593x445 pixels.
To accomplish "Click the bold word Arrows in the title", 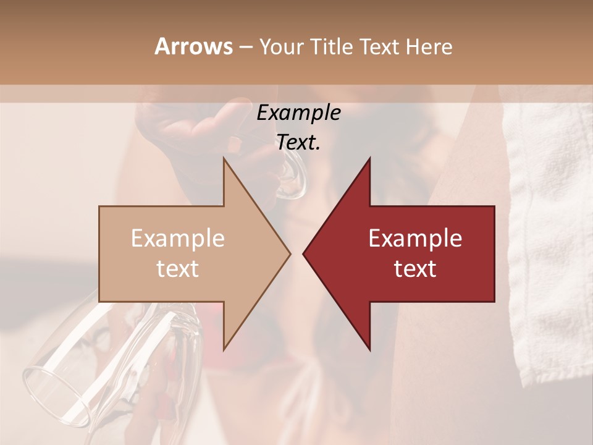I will [193, 46].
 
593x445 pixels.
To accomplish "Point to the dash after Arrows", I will [246, 48].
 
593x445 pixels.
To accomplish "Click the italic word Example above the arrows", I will [298, 113].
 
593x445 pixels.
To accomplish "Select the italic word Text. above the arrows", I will [298, 142].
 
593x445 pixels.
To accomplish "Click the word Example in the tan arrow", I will [178, 239].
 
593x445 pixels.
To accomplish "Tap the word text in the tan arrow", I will [178, 269].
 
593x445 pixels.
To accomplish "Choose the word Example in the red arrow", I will [415, 239].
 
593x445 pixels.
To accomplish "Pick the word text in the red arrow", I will [415, 269].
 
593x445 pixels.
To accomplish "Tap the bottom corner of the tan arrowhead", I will [224, 349].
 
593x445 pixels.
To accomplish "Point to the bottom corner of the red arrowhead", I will [369, 349].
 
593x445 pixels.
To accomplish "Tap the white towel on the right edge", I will [550, 247].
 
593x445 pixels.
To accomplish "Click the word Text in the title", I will [381, 46].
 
